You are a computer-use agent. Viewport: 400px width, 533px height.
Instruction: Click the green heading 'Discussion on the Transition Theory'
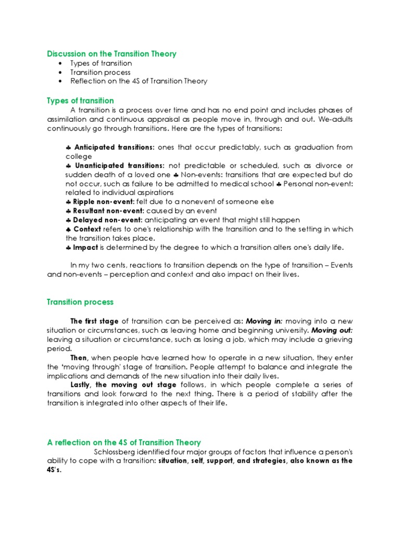pyautogui.click(x=111, y=54)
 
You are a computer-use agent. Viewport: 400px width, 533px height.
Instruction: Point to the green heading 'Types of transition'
pyautogui.click(x=80, y=100)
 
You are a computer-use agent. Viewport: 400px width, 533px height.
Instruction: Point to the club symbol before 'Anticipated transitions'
pyautogui.click(x=68, y=147)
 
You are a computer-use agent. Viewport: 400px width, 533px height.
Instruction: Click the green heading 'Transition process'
pyautogui.click(x=80, y=302)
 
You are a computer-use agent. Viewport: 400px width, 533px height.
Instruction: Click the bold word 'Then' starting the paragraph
pyautogui.click(x=79, y=358)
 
